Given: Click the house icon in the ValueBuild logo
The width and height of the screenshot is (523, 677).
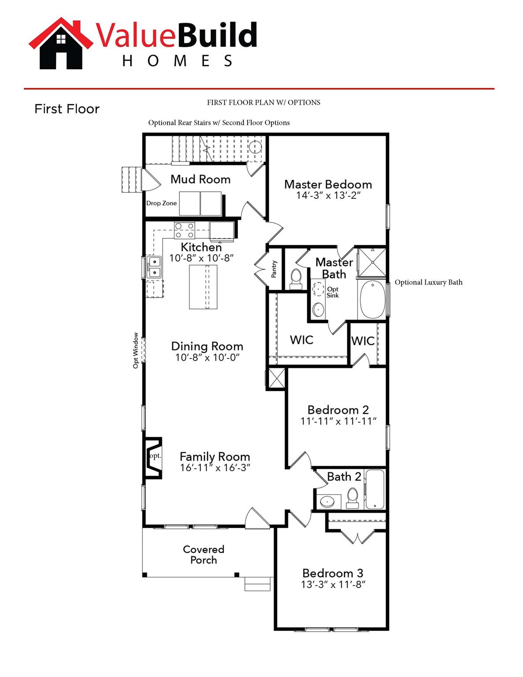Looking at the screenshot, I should click(61, 44).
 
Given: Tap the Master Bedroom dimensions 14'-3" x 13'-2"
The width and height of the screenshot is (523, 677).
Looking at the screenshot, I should click(328, 195).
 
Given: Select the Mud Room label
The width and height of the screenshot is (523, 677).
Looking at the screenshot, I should click(200, 179).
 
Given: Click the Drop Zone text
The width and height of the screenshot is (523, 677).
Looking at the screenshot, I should click(161, 203).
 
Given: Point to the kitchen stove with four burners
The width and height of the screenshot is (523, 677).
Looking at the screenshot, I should click(185, 230).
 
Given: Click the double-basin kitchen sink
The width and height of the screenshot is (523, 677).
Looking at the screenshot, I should click(154, 267).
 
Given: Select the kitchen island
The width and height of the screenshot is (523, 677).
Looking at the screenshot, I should click(203, 287).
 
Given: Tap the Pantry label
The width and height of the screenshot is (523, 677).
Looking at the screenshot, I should click(274, 269).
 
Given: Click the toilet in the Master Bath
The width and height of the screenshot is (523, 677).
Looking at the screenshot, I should click(296, 279).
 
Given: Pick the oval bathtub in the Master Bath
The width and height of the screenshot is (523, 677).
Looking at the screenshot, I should click(372, 299).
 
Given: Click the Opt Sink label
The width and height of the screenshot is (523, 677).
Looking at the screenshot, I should click(333, 292).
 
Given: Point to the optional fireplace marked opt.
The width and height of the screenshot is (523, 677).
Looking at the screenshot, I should click(153, 458).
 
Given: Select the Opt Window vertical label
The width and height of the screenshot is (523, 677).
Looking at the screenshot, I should click(136, 350).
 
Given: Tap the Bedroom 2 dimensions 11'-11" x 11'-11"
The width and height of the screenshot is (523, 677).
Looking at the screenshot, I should click(338, 421).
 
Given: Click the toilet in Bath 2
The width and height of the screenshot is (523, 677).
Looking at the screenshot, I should click(352, 498).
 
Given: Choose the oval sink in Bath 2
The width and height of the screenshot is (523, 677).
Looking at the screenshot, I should click(328, 501).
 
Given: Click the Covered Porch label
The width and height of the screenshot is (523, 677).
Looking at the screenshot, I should click(204, 554).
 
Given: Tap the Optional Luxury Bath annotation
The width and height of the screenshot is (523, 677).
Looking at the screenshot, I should click(428, 283).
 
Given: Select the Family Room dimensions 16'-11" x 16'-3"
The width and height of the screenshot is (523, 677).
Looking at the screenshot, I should click(215, 468).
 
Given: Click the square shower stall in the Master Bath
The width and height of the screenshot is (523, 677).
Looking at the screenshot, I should click(371, 262).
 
